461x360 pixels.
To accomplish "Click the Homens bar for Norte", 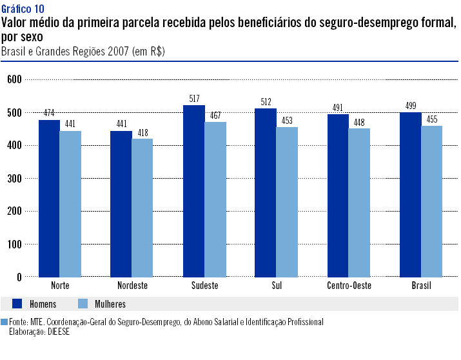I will click(49, 199).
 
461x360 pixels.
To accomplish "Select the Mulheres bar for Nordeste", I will click(142, 208).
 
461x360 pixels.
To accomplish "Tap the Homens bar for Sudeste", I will click(194, 191).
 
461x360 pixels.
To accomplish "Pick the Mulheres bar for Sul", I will click(287, 202).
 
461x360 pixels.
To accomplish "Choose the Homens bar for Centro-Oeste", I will click(338, 195).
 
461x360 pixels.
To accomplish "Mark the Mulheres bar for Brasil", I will click(431, 201).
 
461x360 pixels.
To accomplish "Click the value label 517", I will click(194, 99).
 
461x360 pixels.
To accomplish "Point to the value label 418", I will click(143, 133).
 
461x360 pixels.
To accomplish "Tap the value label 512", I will click(266, 102).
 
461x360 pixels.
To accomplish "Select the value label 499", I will click(411, 106).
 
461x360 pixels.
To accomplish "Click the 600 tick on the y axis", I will click(15, 79).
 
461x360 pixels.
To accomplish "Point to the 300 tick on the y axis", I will click(15, 178).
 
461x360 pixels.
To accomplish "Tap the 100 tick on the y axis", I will click(15, 245).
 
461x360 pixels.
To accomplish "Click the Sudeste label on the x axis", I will click(205, 286).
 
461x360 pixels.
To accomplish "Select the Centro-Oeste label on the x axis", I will click(349, 286).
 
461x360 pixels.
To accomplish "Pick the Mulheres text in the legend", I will click(110, 305).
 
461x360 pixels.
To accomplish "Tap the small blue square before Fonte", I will click(4, 321).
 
